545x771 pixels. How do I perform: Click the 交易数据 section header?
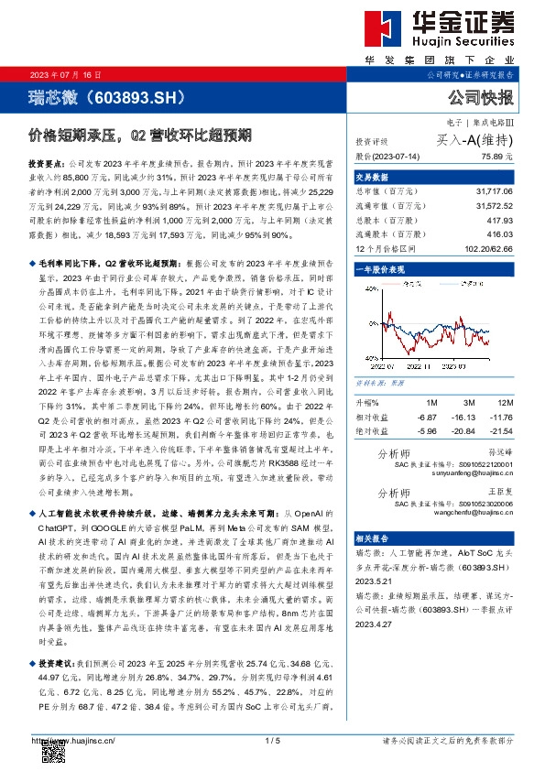[x=373, y=178]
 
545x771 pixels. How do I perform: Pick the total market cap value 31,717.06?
[x=495, y=192]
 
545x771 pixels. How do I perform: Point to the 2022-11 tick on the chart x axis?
[x=422, y=364]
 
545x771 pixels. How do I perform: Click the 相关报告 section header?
[x=373, y=538]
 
